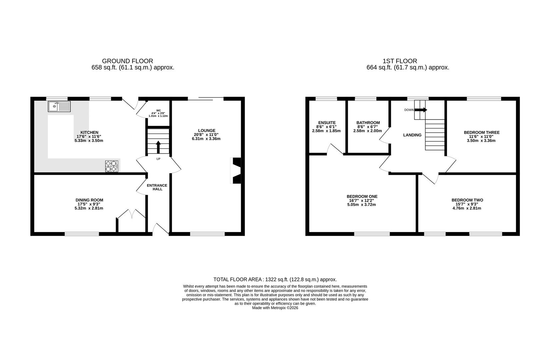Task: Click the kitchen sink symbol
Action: (x=59, y=107)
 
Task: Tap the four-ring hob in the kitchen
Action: (x=112, y=166)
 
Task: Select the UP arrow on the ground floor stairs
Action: (x=158, y=147)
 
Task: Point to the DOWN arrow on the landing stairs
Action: (x=421, y=110)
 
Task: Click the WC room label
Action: (x=158, y=111)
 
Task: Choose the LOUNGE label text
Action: (x=207, y=131)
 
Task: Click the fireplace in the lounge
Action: (x=236, y=171)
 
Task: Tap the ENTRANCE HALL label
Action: (x=157, y=187)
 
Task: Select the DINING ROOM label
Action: (x=89, y=200)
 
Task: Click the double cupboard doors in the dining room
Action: (x=132, y=214)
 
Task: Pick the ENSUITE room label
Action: (x=327, y=123)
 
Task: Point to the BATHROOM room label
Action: (x=368, y=123)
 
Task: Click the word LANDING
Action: (x=412, y=135)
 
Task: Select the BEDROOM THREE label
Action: (x=482, y=132)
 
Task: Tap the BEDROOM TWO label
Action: (x=467, y=200)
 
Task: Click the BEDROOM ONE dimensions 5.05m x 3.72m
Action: (x=361, y=205)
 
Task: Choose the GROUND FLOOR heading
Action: (x=128, y=61)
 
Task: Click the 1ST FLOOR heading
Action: (x=400, y=61)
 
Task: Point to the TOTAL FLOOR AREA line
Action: (x=275, y=279)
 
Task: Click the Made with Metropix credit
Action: (x=275, y=308)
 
